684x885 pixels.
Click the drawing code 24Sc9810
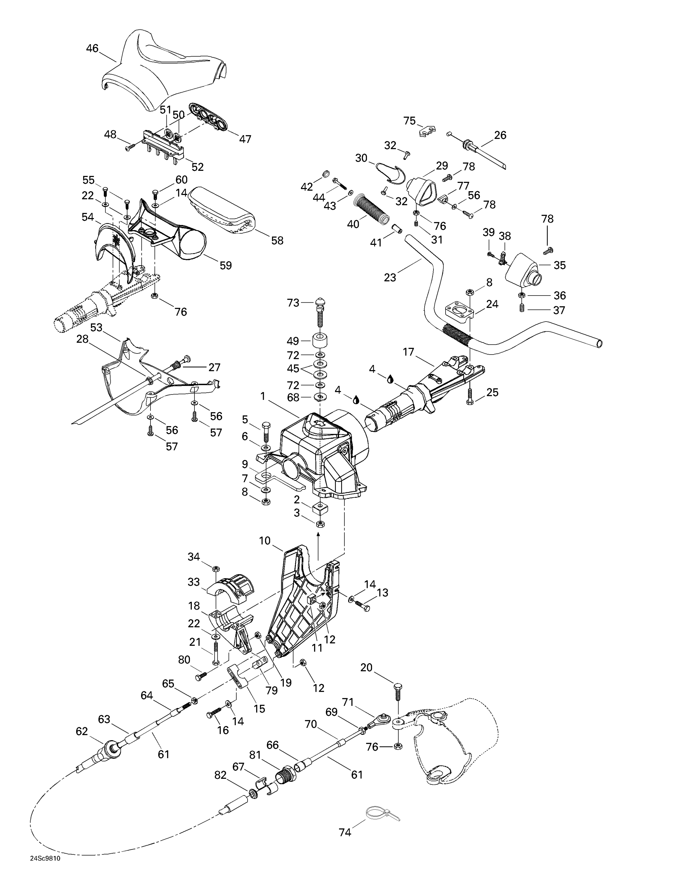(x=45, y=869)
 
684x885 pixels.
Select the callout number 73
(x=293, y=303)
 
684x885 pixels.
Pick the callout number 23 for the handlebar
(x=390, y=278)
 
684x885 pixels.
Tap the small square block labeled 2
(x=320, y=507)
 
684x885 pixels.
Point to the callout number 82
(x=220, y=775)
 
